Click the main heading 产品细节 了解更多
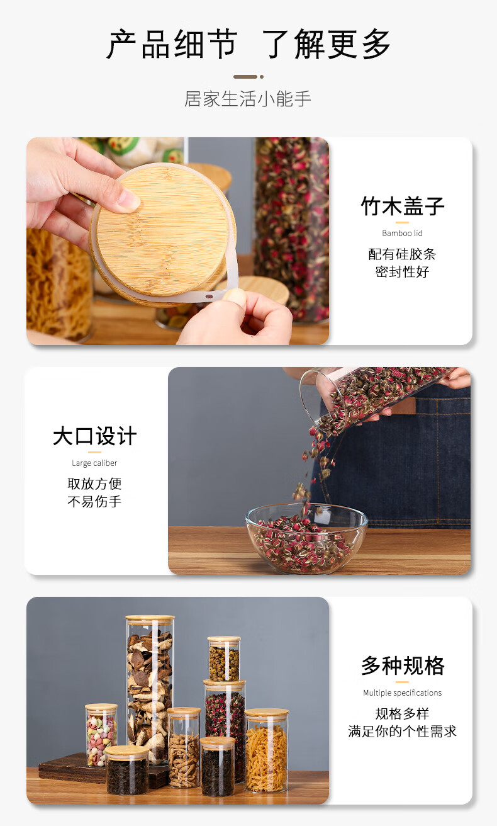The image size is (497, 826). click(248, 44)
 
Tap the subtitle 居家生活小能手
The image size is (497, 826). click(248, 99)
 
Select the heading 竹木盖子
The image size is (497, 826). click(402, 206)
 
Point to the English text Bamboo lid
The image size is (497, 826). click(402, 233)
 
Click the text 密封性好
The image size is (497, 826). click(402, 272)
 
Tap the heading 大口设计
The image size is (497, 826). click(95, 436)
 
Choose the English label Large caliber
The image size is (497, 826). click(94, 463)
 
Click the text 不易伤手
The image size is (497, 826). click(94, 502)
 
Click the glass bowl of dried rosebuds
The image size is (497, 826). click(306, 537)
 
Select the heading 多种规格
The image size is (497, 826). click(403, 666)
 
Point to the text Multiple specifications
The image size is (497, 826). click(402, 693)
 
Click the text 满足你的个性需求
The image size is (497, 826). click(402, 731)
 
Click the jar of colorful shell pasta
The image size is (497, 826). click(101, 734)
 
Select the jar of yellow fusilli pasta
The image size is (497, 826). click(267, 750)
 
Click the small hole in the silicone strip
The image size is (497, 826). click(209, 296)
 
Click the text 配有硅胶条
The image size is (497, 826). click(402, 254)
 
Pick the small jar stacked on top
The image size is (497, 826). click(224, 659)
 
